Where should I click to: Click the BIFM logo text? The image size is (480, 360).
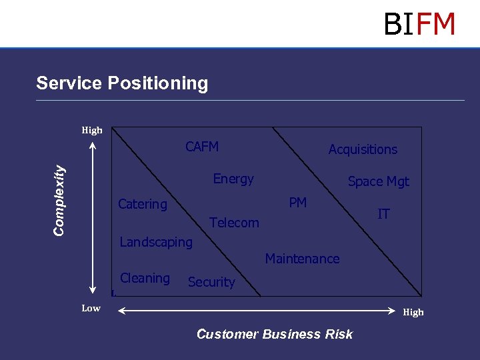tap(419, 24)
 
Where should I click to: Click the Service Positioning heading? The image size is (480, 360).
tap(122, 83)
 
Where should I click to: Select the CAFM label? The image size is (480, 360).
tap(202, 147)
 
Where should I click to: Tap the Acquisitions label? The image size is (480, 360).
tap(363, 150)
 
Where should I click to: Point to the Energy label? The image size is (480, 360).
tap(233, 179)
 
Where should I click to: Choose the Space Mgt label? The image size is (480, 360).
tap(379, 181)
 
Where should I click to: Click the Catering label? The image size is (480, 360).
tap(143, 204)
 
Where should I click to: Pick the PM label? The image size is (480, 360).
tap(298, 203)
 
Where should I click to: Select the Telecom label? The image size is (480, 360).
tap(234, 223)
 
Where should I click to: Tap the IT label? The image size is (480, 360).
tap(383, 214)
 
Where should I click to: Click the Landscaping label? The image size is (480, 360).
tap(156, 242)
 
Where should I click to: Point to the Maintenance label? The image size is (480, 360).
tap(302, 259)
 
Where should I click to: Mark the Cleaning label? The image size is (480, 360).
tap(145, 278)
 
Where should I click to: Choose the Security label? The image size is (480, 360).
tap(211, 282)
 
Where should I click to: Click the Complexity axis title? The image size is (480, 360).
tap(60, 200)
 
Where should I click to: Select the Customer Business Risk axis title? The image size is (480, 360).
tap(275, 334)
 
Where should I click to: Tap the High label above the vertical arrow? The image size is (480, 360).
tap(92, 130)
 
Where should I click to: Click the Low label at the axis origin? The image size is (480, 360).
tap(91, 308)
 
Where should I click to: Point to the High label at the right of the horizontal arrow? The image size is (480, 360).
tap(413, 312)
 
